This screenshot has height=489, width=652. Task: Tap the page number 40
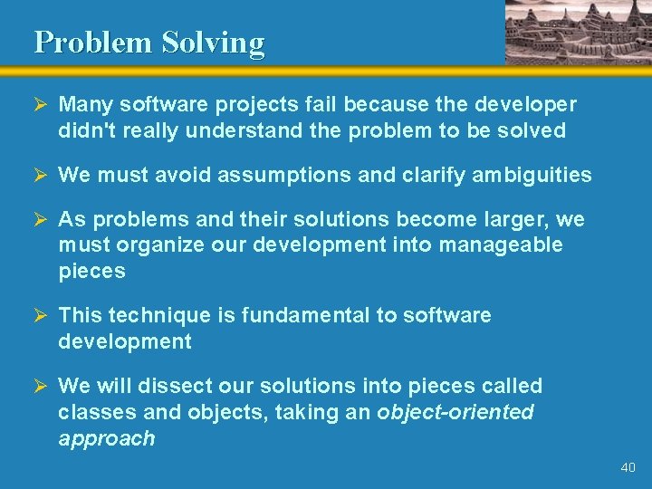click(x=628, y=467)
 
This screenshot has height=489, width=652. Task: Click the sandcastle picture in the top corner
click(x=577, y=32)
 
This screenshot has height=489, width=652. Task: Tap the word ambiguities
click(x=532, y=175)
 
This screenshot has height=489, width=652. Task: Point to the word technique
click(x=157, y=315)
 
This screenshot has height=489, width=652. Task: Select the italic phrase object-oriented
click(x=455, y=412)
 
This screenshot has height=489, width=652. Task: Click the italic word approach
click(x=106, y=438)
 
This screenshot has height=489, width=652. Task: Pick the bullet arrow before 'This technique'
click(x=40, y=315)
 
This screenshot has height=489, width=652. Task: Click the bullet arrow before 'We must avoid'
click(x=40, y=175)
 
